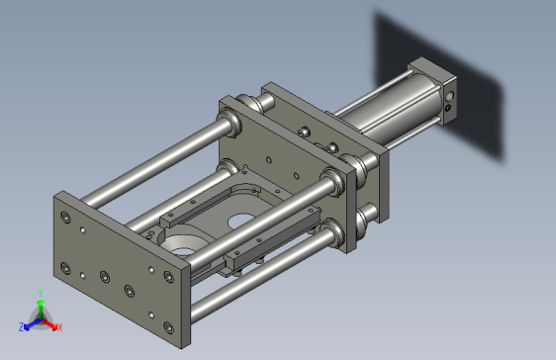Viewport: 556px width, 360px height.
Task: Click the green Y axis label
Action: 41,293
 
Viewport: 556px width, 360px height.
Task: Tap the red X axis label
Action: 60,327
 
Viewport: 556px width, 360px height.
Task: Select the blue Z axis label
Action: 21,327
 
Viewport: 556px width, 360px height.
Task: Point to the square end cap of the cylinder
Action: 436,89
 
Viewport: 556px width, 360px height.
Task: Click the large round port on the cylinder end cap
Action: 449,96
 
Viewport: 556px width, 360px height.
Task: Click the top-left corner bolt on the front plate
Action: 65,217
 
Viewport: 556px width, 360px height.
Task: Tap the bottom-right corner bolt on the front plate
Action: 169,327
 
